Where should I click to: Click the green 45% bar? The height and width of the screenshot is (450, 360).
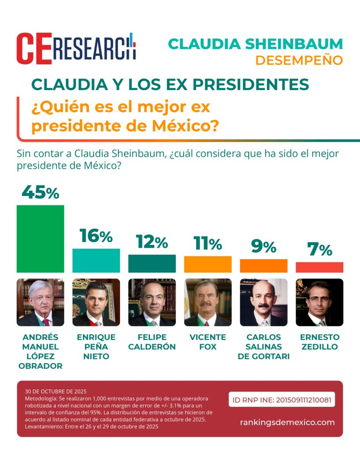40,239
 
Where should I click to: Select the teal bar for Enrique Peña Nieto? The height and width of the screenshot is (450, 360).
96,260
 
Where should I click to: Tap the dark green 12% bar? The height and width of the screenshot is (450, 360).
152,263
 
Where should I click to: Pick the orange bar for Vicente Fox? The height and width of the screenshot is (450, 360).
207,264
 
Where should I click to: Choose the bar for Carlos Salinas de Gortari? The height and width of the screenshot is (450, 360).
263,265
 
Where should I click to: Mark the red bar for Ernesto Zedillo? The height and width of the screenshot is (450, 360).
319,267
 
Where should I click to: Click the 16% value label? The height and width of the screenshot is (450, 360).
96,236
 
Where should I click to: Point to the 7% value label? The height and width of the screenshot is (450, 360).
319,250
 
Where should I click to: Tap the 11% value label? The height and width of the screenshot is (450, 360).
207,243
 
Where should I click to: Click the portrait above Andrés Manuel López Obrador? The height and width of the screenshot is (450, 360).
40,302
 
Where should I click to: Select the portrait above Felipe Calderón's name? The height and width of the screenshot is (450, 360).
152,302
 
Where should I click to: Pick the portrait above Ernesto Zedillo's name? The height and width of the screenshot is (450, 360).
319,302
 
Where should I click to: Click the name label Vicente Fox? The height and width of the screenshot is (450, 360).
207,342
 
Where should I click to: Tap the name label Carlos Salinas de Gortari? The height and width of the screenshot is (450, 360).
263,347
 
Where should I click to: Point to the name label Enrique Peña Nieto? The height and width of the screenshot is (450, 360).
96,347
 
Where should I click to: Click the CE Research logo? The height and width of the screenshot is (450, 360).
76,48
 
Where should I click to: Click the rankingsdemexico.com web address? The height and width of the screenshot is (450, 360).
287,422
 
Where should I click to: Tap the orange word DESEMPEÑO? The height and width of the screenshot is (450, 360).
298,60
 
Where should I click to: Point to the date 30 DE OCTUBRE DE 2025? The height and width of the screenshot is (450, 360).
56,391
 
